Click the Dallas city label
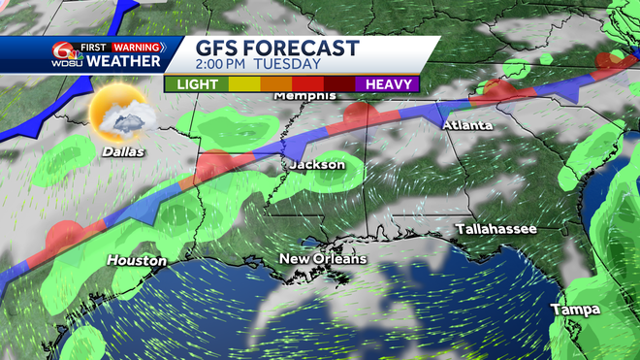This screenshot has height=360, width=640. point(123,152)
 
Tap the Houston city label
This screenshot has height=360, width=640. point(137,261)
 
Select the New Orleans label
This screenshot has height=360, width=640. point(323,259)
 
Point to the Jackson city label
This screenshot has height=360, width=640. point(317,165)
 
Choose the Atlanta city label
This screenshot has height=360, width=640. point(468,126)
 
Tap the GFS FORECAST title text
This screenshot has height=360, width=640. point(277,48)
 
